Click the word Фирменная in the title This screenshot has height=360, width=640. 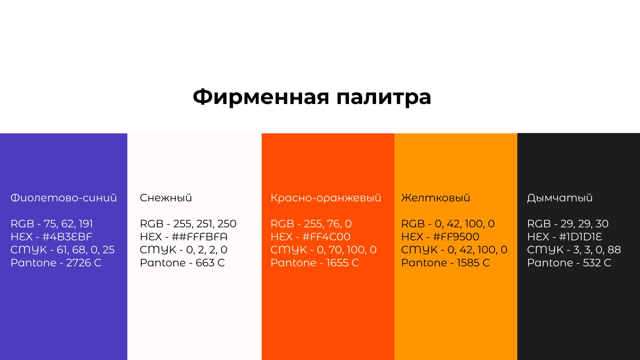[261, 97]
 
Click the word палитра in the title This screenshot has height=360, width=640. [384, 97]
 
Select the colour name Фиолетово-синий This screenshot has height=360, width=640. [64, 198]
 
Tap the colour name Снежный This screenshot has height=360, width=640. [166, 198]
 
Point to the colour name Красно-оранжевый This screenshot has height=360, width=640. [326, 198]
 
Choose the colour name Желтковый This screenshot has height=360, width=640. [435, 198]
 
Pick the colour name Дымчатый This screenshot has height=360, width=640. [560, 198]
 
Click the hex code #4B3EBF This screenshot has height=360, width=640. [67, 237]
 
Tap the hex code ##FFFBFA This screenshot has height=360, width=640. [199, 237]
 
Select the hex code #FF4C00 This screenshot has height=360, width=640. [326, 237]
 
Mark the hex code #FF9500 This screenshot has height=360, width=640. [456, 237]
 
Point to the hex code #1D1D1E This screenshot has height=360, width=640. [580, 237]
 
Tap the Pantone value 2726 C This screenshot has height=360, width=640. [84, 263]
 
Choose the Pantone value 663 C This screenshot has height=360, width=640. [210, 263]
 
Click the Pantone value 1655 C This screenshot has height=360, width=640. [342, 263]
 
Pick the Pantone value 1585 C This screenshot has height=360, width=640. [473, 263]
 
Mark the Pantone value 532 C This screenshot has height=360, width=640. [597, 263]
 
